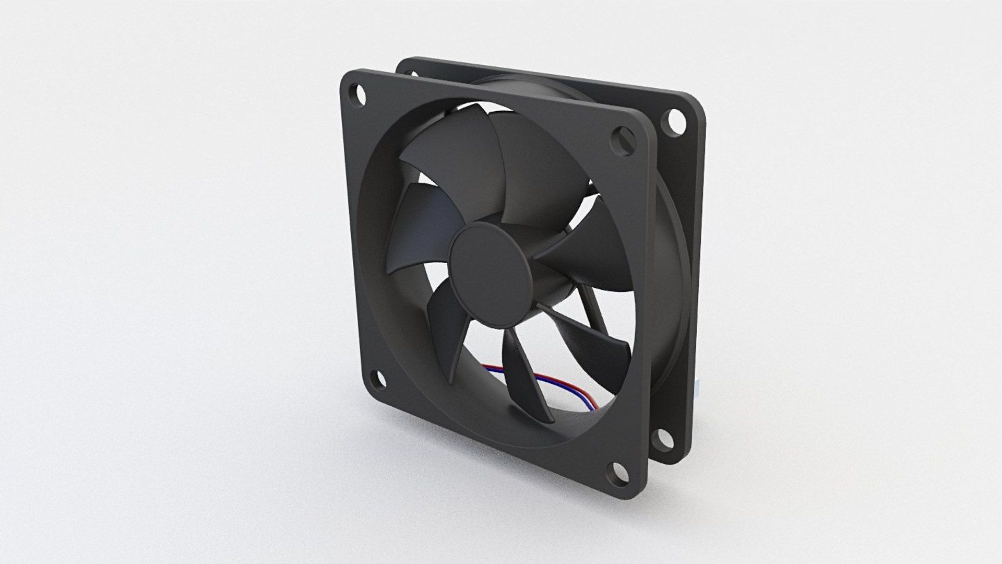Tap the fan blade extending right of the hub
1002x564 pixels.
click(x=584, y=251)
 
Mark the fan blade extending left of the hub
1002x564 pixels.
click(x=423, y=225)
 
